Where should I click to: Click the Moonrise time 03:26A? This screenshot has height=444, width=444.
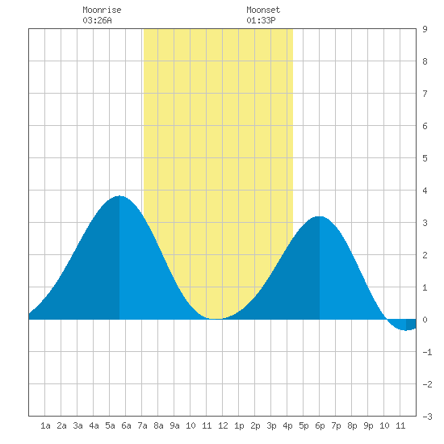(97, 20)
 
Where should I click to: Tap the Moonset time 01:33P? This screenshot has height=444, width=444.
(261, 20)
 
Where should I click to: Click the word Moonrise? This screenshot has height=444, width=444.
(102, 10)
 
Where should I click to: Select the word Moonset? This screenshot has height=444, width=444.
(263, 10)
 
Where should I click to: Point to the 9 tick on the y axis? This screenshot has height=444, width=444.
(425, 29)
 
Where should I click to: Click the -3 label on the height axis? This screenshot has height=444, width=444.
(427, 417)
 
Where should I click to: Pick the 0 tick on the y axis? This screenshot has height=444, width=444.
(425, 320)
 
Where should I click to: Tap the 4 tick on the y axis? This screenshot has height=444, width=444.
(425, 191)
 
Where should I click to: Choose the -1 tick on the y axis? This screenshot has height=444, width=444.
(427, 352)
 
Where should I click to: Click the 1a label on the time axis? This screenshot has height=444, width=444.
(45, 425)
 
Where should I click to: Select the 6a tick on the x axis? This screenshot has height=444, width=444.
(126, 425)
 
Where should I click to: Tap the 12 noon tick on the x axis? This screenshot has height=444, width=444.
(223, 425)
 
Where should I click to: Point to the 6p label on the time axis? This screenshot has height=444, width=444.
(320, 425)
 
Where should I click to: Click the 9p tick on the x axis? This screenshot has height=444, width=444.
(368, 425)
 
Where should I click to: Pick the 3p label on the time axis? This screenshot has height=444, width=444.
(271, 425)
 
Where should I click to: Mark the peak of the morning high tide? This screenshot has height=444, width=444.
(119, 196)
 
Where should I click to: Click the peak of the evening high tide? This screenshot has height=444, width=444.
(320, 216)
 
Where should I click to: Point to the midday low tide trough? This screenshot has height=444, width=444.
(216, 319)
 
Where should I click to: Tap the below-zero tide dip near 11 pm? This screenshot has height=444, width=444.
(406, 330)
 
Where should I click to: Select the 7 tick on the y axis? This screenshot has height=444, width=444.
(425, 94)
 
